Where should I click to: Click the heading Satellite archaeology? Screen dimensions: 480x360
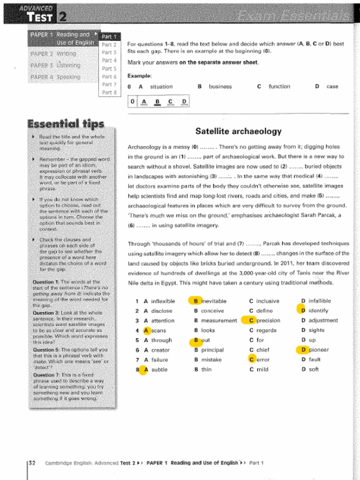coord(238,131)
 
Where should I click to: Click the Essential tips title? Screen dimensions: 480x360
coord(66,124)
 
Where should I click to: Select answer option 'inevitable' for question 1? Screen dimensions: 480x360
coord(213,301)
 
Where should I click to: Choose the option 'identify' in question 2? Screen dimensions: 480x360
coord(318,311)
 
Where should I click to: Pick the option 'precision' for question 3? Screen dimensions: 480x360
coord(268,321)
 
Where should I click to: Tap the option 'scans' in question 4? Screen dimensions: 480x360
coord(158,330)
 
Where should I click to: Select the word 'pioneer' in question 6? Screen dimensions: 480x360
coord(319,350)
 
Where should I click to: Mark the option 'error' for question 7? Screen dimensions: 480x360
coord(263,360)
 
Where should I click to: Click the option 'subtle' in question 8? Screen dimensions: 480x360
coord(159,369)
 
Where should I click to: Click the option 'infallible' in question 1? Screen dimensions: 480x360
coord(320,301)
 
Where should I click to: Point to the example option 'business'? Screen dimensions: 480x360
coord(220,87)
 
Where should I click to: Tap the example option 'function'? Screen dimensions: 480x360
coord(279,87)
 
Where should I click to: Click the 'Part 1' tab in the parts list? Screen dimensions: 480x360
coord(109,37)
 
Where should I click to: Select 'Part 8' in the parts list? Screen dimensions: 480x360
coord(109,92)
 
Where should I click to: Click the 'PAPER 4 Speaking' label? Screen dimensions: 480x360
coord(55,77)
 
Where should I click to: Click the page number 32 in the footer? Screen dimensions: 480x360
coord(32,463)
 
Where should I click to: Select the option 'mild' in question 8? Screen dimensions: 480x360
coord(262,369)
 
